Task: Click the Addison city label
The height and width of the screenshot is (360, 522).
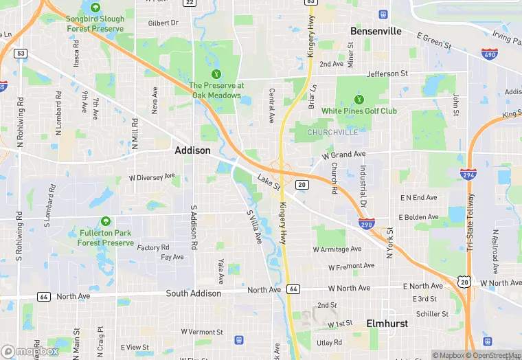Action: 192,150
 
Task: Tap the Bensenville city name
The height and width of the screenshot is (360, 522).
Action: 376,31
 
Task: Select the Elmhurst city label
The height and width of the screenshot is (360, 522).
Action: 388,323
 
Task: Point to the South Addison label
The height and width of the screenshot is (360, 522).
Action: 194,293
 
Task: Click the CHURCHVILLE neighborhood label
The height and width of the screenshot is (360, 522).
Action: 332,132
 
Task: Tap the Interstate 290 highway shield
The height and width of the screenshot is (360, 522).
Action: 366,224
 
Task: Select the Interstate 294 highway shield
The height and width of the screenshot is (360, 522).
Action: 469,175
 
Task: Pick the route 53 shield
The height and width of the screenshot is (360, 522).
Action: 21,53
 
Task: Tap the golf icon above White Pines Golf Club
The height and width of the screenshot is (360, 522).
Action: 359,100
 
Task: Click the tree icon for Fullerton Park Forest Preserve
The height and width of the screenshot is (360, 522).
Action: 106,221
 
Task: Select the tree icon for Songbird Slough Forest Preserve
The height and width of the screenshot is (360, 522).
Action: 95,8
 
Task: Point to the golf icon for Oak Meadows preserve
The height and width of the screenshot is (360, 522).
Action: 216,74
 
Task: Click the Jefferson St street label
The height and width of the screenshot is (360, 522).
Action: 387,74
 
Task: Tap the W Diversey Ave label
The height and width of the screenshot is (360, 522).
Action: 152,177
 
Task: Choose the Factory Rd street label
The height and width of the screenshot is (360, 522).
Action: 153,247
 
